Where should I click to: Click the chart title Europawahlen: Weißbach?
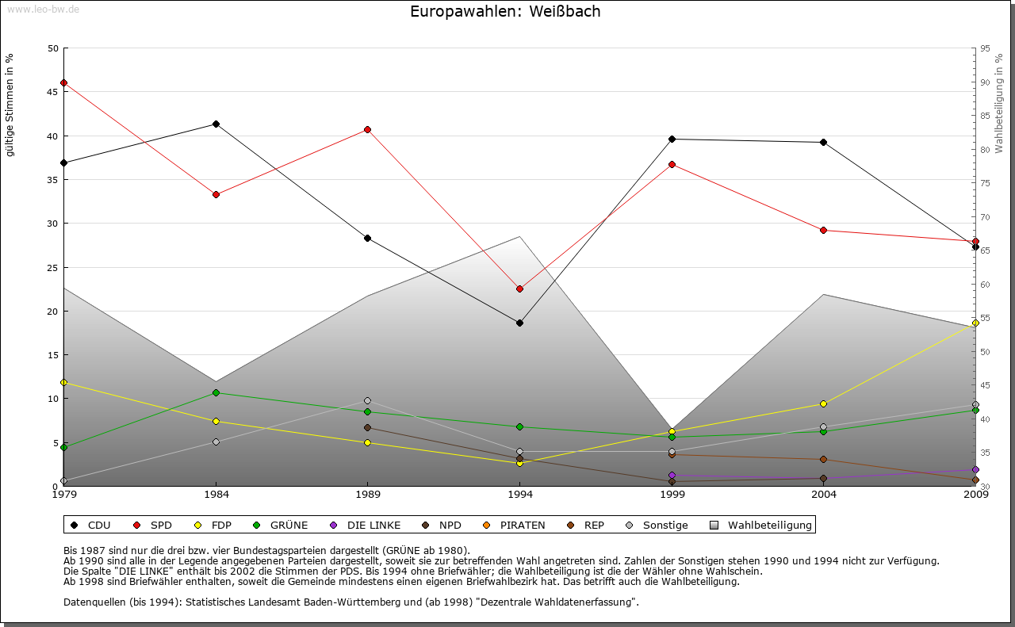pos(505,11)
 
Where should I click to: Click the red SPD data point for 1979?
pos(63,82)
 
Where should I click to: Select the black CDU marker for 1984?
pos(216,124)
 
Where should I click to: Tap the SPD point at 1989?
pos(367,129)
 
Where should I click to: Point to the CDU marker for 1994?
pos(519,323)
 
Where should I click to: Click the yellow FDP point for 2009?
pos(975,323)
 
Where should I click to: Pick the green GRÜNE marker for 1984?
pos(216,392)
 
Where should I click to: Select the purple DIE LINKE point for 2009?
pos(975,469)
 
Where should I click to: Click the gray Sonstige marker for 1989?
pos(367,400)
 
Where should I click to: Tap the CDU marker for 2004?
pos(824,142)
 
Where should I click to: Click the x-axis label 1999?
pos(672,495)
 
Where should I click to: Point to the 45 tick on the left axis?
pos(53,92)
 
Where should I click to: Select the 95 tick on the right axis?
pos(985,48)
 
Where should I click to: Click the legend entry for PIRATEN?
pos(515,525)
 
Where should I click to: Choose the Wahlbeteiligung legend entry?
pos(761,525)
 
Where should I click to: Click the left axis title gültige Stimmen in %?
pos(10,105)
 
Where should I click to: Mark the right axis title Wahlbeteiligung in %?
pos(999,103)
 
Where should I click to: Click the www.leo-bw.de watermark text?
pos(43,9)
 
